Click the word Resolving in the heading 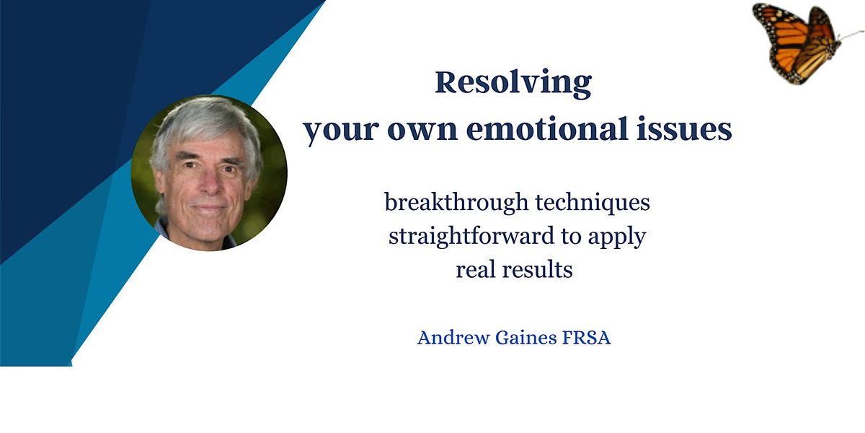(513, 83)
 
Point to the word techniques (592, 203)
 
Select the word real (472, 270)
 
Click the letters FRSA (587, 338)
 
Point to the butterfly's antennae (851, 35)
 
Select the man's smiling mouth (210, 209)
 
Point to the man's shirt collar (167, 229)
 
